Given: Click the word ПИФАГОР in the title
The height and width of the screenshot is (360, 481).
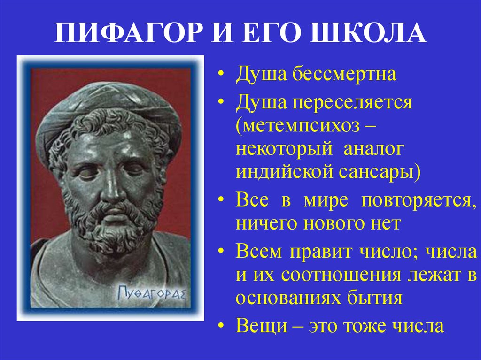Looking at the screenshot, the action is pyautogui.click(x=129, y=32).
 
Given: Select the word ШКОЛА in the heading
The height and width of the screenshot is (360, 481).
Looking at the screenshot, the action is pyautogui.click(x=368, y=32).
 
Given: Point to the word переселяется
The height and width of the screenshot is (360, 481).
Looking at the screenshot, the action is pyautogui.click(x=352, y=103).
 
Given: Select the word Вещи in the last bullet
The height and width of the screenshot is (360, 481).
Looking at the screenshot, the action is pyautogui.click(x=261, y=326).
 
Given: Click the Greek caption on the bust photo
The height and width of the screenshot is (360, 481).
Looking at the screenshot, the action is pyautogui.click(x=152, y=292).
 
